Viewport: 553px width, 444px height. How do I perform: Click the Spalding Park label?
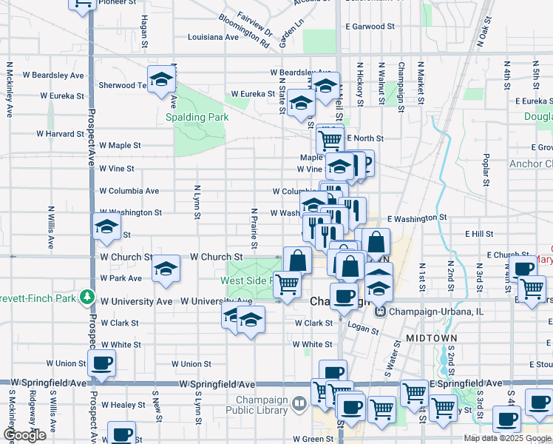[197, 117]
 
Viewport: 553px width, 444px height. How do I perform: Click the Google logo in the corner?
[24, 435]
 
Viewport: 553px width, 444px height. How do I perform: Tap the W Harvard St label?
[61, 134]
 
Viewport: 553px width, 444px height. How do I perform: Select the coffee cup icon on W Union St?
[101, 363]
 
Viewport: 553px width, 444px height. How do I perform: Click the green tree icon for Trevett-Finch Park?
[88, 297]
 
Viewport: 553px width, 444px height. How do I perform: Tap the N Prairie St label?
[254, 227]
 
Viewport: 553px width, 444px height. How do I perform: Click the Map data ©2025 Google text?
[506, 438]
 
